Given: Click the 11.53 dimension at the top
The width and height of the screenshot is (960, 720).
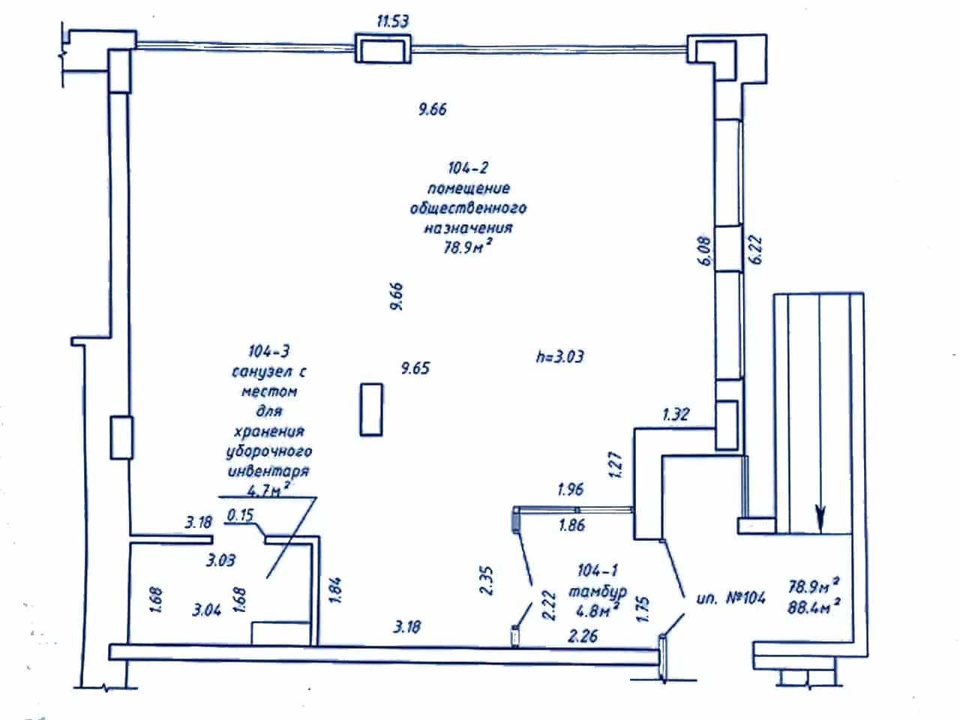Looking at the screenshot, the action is (x=393, y=21).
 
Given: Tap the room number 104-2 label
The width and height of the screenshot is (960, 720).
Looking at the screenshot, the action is (x=468, y=168).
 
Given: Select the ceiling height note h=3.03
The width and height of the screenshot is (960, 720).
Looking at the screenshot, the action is (x=559, y=357).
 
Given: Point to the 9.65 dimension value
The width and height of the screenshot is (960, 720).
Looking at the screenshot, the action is (x=415, y=368).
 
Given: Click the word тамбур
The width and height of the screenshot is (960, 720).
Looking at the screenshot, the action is (x=598, y=592).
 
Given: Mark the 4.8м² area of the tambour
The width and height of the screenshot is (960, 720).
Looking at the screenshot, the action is (x=598, y=610).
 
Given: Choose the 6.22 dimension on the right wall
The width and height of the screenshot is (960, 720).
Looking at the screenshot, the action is (x=755, y=250).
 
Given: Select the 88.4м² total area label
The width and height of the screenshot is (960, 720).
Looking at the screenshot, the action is (x=814, y=607).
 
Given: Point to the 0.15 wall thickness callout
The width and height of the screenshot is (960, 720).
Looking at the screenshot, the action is (x=240, y=515).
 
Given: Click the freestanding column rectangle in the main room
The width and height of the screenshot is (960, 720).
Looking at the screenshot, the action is (x=371, y=409).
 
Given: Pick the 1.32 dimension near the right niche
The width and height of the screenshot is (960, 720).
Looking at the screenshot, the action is (x=676, y=414).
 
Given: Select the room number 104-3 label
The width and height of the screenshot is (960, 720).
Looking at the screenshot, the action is (x=268, y=352).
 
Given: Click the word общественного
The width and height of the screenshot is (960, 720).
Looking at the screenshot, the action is (x=468, y=208).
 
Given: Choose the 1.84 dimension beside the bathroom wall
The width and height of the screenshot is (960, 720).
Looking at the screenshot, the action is (x=336, y=591).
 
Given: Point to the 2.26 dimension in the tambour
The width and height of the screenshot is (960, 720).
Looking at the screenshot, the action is (x=583, y=636).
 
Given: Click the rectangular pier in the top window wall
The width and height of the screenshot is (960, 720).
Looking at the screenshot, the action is (x=382, y=48).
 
